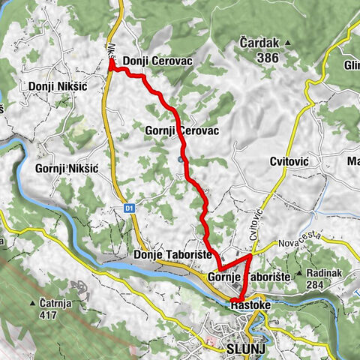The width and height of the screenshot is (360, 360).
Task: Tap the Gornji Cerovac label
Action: (x=182, y=130)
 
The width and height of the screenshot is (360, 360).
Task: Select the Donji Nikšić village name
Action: (x=57, y=86)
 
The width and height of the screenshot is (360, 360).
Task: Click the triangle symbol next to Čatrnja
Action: (x=33, y=304)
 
